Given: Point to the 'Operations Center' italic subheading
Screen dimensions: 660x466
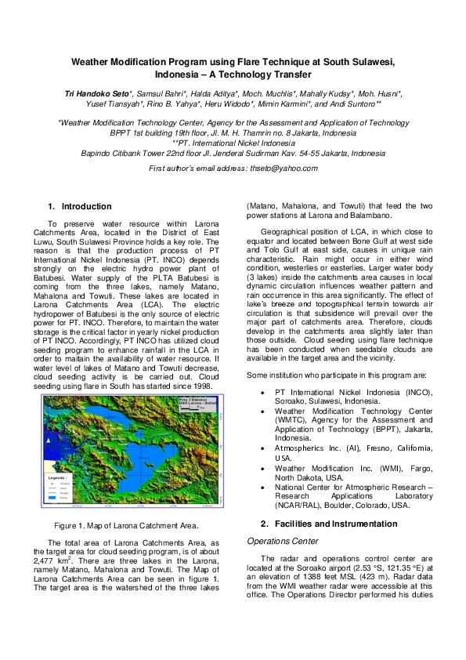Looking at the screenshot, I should pyautogui.click(x=281, y=541).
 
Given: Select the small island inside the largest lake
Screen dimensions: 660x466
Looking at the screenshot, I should pyautogui.click(x=142, y=455).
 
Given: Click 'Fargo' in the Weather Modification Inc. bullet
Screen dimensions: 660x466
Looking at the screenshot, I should pyautogui.click(x=419, y=467).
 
